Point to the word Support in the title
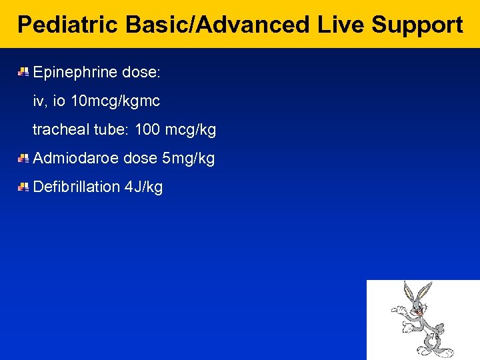click(417, 25)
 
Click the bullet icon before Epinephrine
click(23, 71)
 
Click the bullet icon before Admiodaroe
click(23, 158)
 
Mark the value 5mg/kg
click(188, 159)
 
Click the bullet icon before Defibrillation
click(23, 187)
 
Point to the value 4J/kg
click(143, 187)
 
